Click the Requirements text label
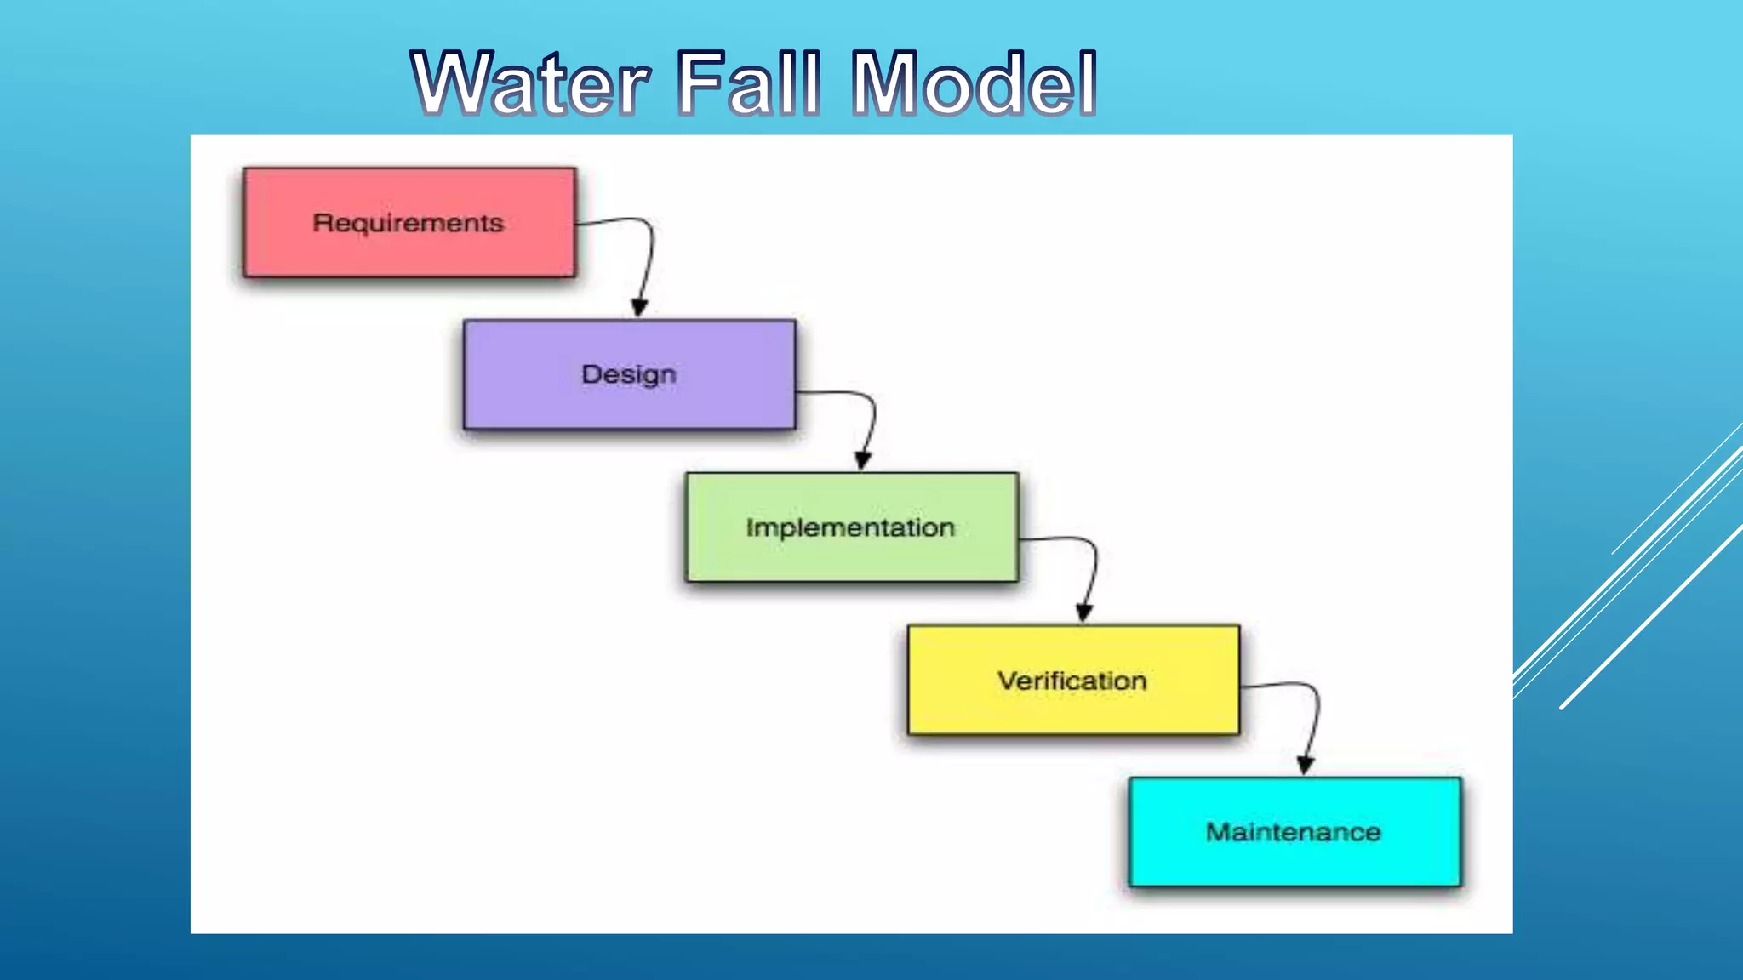(409, 223)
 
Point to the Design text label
(629, 374)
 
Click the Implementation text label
(850, 527)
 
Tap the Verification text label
(1072, 681)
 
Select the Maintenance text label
(1294, 832)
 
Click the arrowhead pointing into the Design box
(640, 308)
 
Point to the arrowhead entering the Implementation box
(863, 460)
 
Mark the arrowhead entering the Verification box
(1084, 612)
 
